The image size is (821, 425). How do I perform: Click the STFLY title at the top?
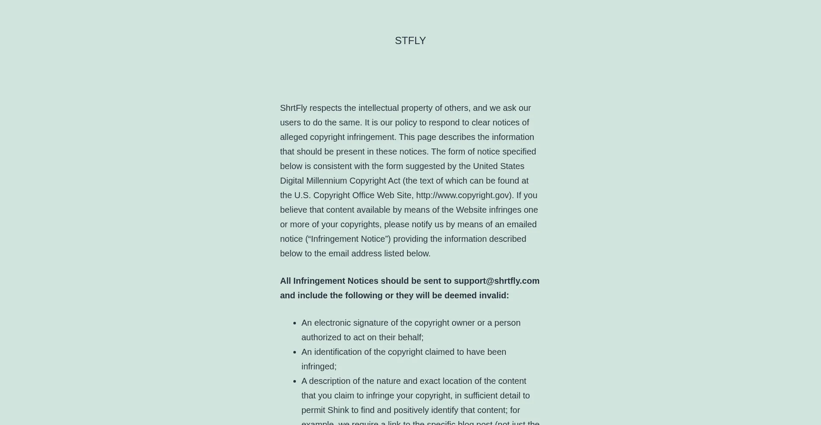click(410, 41)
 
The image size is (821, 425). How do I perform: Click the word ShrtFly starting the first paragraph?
click(293, 108)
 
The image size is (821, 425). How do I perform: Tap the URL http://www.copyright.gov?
click(463, 195)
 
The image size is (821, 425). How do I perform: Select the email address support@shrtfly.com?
click(496, 281)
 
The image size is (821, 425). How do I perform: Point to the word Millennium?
click(326, 181)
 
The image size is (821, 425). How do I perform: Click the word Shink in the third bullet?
click(338, 410)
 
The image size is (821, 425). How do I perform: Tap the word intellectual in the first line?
click(378, 108)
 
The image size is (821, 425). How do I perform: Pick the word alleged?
click(294, 137)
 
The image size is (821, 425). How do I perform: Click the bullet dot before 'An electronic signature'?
click(294, 323)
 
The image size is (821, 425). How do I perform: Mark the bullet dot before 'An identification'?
click(294, 352)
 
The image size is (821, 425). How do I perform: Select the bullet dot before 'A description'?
click(294, 381)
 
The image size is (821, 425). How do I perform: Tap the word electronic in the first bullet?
click(332, 323)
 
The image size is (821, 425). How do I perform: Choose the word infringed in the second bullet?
click(319, 366)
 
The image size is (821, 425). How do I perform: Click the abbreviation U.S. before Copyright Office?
click(302, 195)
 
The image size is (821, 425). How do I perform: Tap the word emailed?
click(522, 224)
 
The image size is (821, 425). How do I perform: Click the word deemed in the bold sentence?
click(459, 295)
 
